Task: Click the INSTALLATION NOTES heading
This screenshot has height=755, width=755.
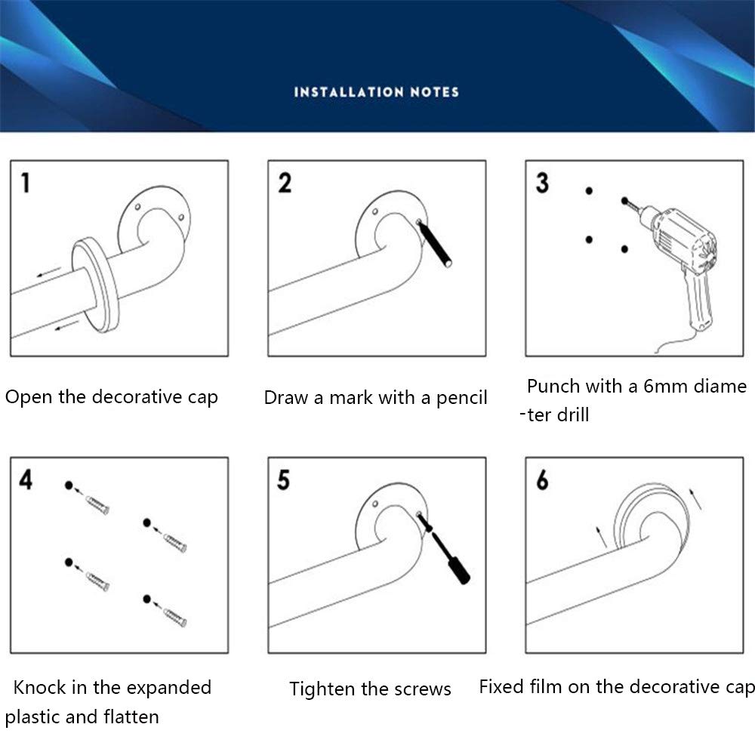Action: (376, 92)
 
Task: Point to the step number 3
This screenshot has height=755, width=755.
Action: (542, 183)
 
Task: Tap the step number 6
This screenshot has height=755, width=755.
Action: (542, 479)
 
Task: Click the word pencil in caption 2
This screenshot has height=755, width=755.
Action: (461, 398)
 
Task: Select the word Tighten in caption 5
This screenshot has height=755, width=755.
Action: (317, 689)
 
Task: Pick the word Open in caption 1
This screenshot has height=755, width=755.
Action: (23, 397)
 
